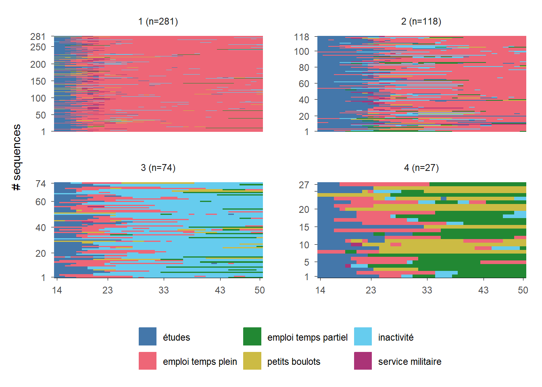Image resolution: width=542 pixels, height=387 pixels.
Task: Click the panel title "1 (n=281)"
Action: tap(158, 21)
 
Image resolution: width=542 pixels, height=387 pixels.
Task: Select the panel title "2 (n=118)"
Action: tap(421, 21)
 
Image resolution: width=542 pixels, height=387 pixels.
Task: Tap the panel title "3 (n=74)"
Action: tap(158, 168)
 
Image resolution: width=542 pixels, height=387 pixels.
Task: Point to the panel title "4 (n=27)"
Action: tap(421, 168)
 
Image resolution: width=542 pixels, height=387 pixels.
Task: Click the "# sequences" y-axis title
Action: tap(17, 157)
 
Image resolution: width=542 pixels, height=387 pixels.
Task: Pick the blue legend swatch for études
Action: tap(148, 337)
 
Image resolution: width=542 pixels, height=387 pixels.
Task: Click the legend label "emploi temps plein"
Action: tap(200, 362)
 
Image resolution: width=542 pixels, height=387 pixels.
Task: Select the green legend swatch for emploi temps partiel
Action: tap(252, 337)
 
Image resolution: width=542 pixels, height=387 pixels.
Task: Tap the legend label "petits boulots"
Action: tap(294, 362)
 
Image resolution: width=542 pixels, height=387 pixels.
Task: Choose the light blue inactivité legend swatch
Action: tap(363, 337)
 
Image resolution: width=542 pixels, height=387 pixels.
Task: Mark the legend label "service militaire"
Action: tap(409, 362)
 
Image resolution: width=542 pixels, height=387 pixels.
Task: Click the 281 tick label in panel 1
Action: tap(38, 37)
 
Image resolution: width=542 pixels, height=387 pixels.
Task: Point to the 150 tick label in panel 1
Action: tap(38, 81)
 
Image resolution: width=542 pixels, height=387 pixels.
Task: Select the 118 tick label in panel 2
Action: tap(301, 37)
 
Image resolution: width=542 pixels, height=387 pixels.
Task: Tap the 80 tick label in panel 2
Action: tap(304, 68)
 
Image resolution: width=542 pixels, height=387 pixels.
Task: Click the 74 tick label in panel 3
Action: tap(40, 184)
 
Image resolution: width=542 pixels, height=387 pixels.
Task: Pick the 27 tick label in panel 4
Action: tap(304, 185)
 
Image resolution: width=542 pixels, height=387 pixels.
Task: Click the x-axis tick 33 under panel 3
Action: tap(163, 290)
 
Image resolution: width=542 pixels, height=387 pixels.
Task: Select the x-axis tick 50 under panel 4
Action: tap(523, 290)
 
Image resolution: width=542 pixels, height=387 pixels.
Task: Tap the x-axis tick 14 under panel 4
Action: tap(320, 290)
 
